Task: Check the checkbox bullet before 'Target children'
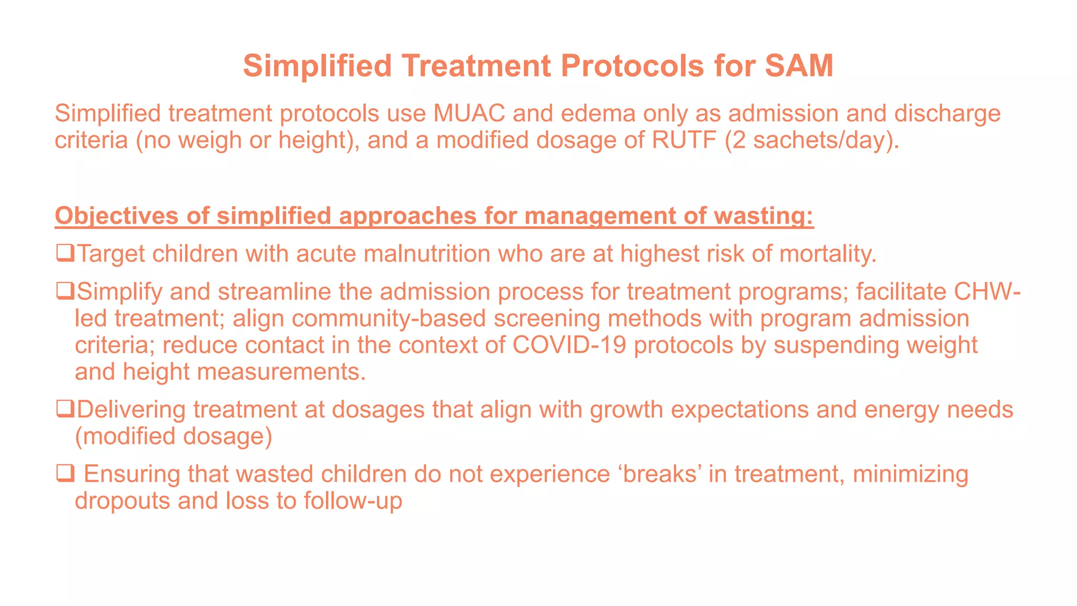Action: (x=65, y=253)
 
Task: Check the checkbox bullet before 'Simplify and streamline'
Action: (x=65, y=291)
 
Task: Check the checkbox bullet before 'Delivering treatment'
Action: (x=65, y=409)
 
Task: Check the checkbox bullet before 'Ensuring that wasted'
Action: (x=65, y=473)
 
